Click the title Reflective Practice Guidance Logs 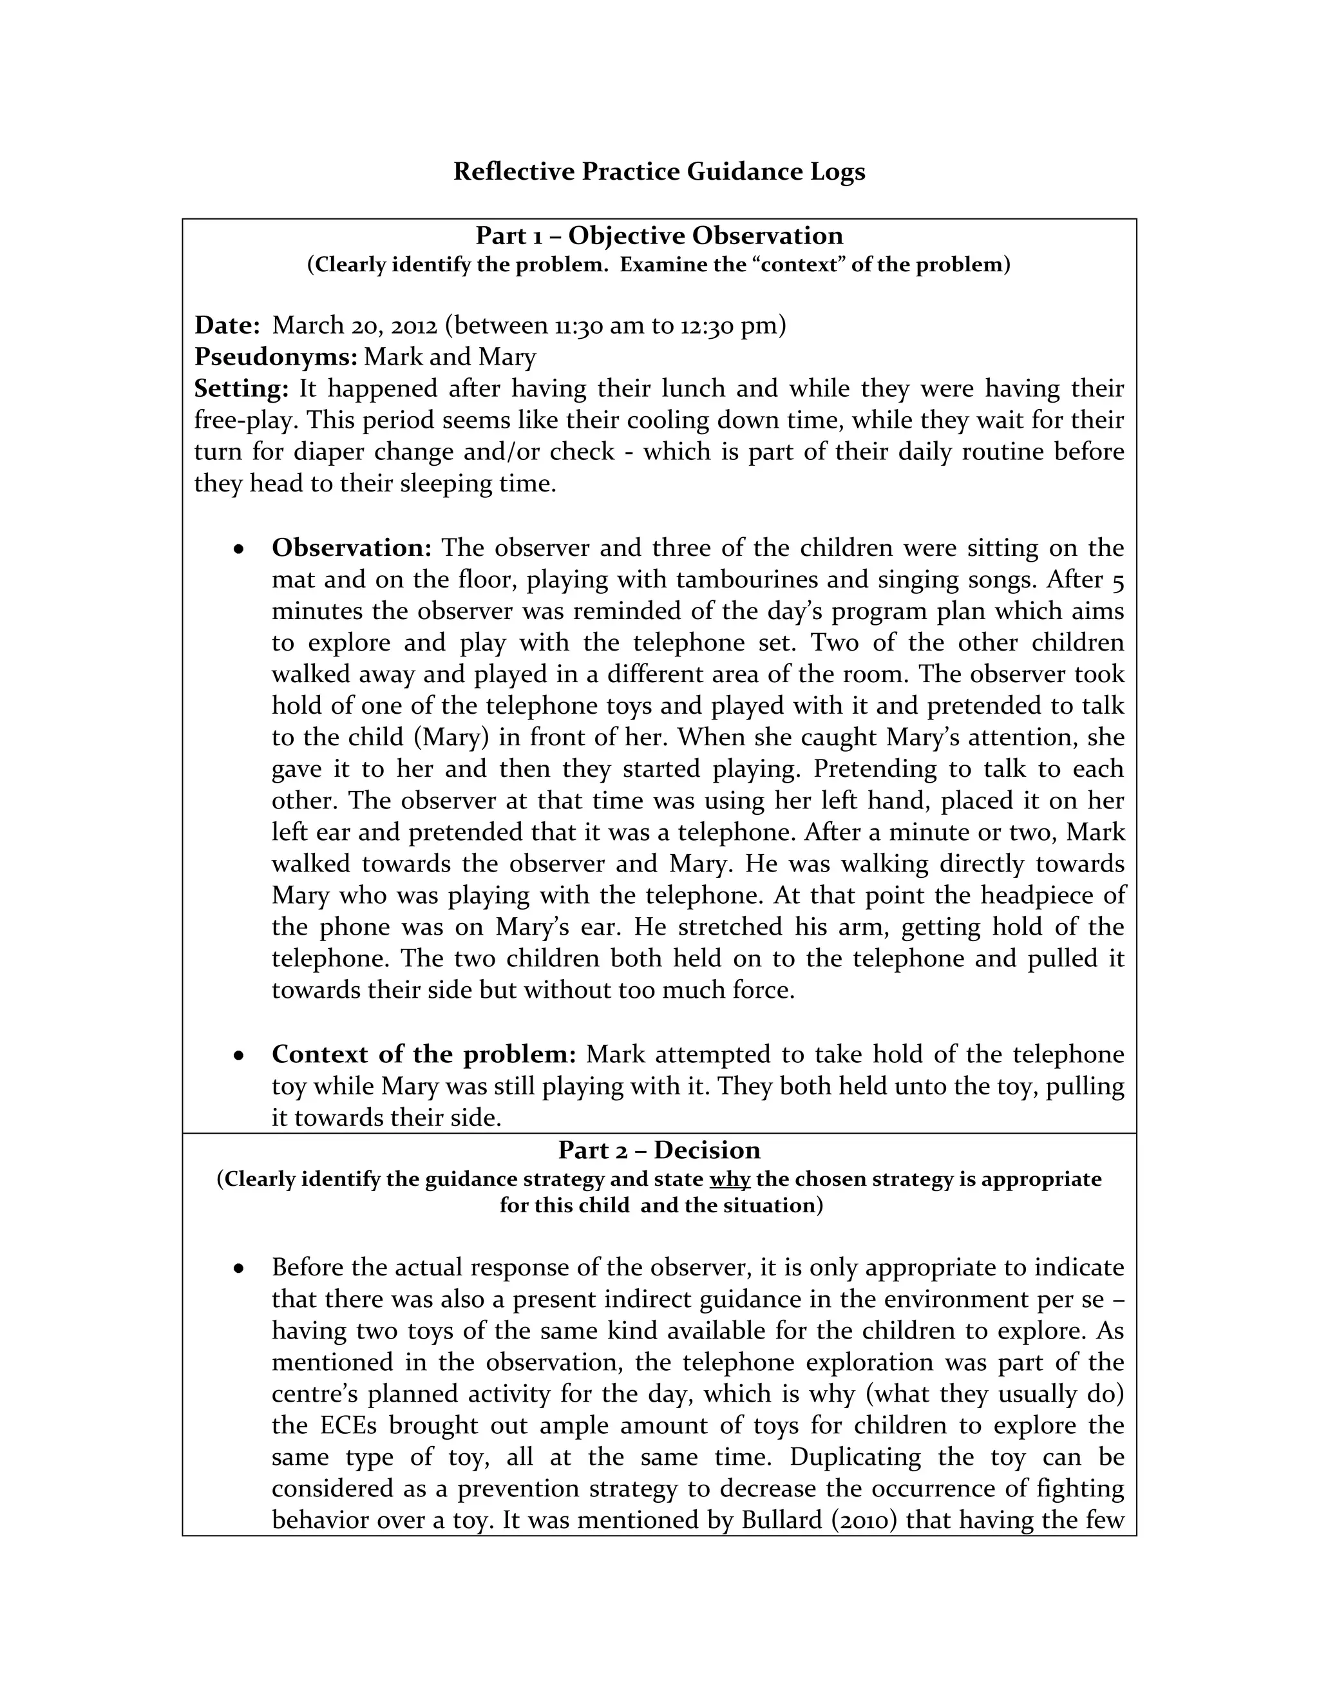pyautogui.click(x=659, y=171)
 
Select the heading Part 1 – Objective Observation pyautogui.click(x=659, y=235)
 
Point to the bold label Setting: pyautogui.click(x=242, y=388)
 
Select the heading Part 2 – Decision pyautogui.click(x=659, y=1150)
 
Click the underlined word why pyautogui.click(x=730, y=1179)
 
